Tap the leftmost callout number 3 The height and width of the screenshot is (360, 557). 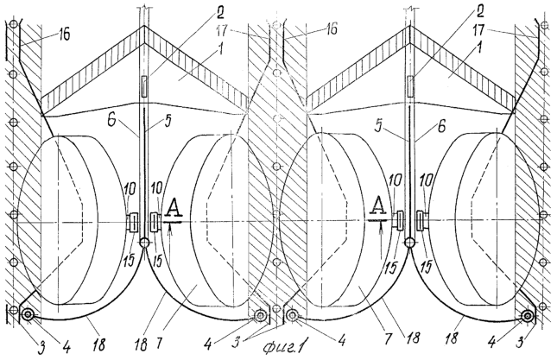[41, 347]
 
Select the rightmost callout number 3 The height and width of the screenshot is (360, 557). [521, 343]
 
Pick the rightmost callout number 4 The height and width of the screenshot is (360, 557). [492, 343]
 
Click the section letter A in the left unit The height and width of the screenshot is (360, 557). [174, 208]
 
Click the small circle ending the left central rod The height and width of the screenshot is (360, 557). [144, 243]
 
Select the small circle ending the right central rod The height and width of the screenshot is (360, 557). [409, 243]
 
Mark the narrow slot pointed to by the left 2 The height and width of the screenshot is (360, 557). [144, 86]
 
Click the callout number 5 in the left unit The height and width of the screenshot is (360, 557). [168, 120]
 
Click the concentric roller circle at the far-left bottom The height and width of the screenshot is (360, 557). [28, 314]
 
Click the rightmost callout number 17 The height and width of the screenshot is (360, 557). [478, 30]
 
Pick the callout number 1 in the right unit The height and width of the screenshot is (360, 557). [479, 48]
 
